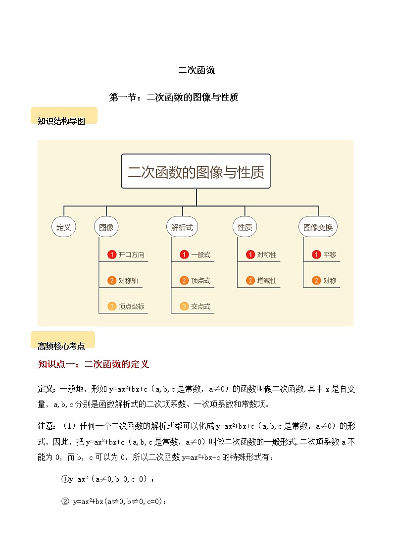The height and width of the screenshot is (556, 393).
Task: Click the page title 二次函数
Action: (x=196, y=70)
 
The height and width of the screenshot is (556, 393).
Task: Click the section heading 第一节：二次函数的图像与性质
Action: (x=173, y=98)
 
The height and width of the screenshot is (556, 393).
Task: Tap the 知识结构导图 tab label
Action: (x=61, y=121)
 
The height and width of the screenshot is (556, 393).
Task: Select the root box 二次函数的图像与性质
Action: (x=196, y=171)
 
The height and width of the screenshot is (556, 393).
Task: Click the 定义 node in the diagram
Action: (x=64, y=227)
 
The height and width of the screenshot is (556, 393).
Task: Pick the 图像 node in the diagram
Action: (x=106, y=227)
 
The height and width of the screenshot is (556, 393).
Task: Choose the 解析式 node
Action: (x=182, y=227)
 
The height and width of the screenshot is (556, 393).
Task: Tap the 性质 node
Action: (x=245, y=227)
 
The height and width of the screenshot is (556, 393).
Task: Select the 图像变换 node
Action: (x=318, y=227)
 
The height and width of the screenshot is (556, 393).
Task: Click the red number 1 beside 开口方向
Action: (x=112, y=255)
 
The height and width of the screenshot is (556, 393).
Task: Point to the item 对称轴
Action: (x=128, y=281)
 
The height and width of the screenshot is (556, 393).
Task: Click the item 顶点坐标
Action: (x=131, y=306)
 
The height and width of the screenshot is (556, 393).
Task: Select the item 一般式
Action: (x=200, y=255)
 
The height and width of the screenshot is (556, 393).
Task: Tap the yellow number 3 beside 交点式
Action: (x=184, y=306)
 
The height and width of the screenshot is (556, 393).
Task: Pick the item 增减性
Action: (x=267, y=281)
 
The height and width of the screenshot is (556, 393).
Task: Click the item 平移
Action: (x=330, y=255)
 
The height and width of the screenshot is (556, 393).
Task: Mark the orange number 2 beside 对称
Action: (x=316, y=281)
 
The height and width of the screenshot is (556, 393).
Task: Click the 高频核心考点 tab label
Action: (x=61, y=346)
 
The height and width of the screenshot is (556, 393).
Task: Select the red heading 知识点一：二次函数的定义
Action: (x=93, y=364)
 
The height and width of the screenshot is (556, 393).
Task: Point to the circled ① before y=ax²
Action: (x=65, y=479)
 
